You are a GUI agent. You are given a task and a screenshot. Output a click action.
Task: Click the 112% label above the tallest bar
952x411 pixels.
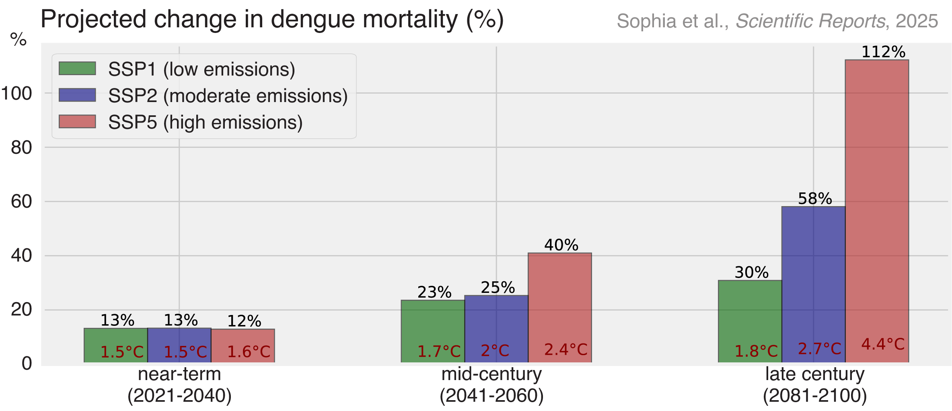point(883,52)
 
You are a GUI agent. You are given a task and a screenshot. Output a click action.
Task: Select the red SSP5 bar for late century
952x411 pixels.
point(877,201)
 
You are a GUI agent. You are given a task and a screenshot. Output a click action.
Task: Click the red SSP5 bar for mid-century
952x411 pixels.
point(559,301)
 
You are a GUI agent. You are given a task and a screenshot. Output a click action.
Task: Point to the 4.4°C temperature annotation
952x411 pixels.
point(883,344)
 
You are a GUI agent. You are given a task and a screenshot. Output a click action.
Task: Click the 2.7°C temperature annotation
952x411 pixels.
point(819,348)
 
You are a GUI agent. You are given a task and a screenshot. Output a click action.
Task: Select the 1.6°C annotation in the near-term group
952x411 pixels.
point(249,352)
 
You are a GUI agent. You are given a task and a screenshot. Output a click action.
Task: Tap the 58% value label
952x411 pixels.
point(815,198)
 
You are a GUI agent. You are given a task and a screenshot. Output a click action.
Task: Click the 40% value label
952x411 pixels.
point(561,245)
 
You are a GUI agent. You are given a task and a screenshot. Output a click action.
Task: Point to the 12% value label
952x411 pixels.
point(244,321)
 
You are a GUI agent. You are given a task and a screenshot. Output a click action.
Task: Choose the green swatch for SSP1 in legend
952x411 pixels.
point(77,68)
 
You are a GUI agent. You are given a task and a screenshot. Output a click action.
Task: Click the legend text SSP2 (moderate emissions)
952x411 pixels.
point(228,96)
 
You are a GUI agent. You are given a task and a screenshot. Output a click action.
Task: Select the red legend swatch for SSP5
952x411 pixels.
point(77,121)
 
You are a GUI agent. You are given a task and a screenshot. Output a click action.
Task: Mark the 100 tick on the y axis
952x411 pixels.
point(17,94)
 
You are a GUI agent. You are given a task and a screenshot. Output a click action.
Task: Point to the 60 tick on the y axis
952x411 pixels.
point(22,202)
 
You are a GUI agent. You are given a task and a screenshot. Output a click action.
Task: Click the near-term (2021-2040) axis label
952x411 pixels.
point(179,384)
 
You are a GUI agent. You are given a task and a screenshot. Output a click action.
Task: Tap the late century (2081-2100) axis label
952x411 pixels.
point(814,384)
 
